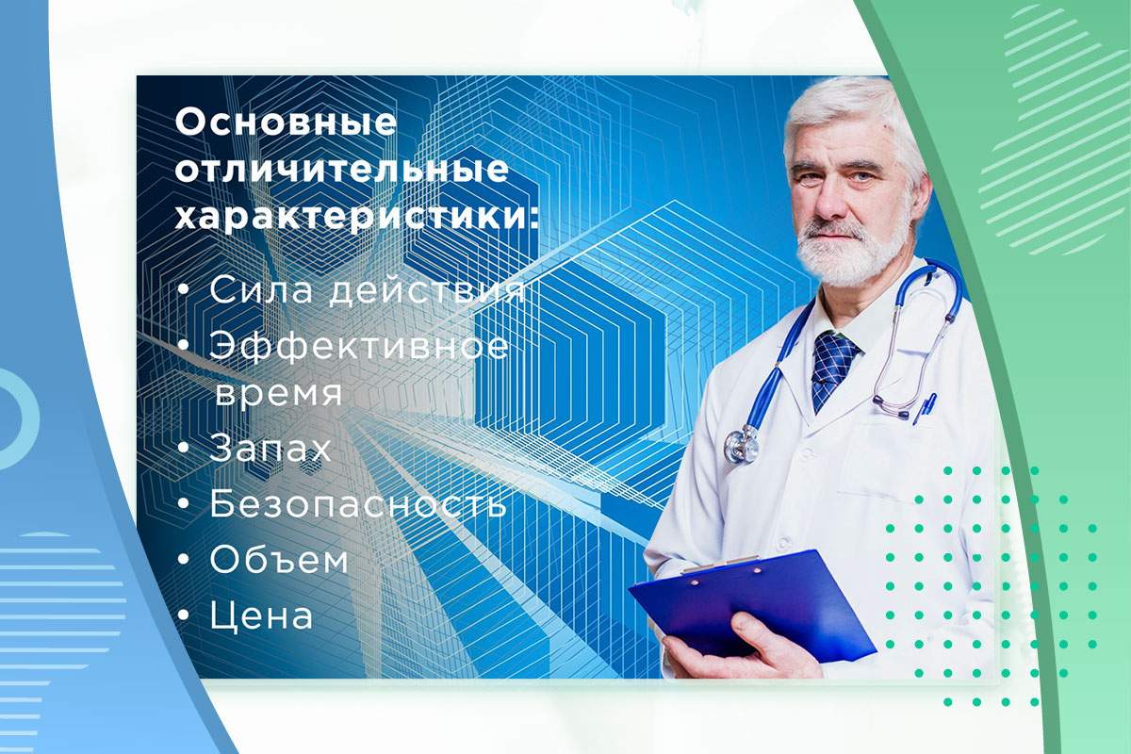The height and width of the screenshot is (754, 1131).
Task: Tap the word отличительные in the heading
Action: (341, 172)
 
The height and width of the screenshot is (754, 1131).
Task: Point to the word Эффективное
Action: (358, 347)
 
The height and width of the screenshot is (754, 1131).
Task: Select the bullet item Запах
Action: (270, 449)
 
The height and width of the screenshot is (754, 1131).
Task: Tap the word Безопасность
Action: (358, 504)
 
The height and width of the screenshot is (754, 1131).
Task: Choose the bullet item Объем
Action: (279, 561)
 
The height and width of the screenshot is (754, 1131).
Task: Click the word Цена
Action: (261, 616)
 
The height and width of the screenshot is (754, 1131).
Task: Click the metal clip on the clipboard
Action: (722, 566)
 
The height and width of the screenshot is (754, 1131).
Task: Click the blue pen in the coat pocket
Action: (926, 407)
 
